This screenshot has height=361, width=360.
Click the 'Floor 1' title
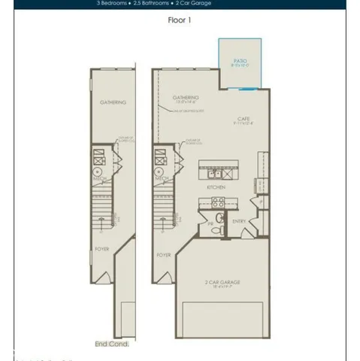pos(180,20)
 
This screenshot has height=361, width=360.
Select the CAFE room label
pos(244,118)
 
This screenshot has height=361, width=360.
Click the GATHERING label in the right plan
pos(186,97)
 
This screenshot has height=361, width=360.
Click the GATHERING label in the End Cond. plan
pos(113,102)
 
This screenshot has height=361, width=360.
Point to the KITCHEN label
pos(218,186)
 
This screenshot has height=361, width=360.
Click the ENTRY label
pos(240,221)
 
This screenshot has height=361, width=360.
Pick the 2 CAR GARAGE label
pos(222,283)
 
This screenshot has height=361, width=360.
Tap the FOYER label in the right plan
pos(164,255)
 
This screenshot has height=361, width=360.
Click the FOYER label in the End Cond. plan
pos(101,247)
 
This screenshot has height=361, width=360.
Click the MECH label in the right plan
pos(161,180)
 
